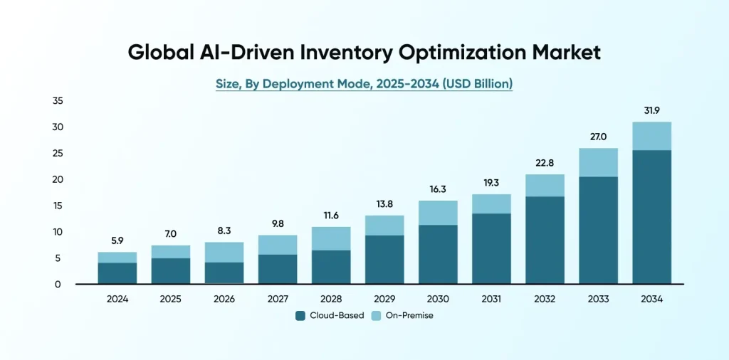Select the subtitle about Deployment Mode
(364, 84)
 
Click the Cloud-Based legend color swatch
(300, 315)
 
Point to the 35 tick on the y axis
(58, 101)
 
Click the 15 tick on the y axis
(58, 206)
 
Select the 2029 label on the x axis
(384, 300)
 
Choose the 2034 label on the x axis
(651, 300)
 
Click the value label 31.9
(651, 110)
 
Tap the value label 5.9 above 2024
(117, 240)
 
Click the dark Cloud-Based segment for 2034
(651, 217)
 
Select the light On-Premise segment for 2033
(598, 162)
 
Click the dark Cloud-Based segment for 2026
(224, 273)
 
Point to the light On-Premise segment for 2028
(331, 238)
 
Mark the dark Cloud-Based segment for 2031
(491, 249)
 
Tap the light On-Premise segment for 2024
(117, 258)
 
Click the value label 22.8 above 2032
(545, 163)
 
